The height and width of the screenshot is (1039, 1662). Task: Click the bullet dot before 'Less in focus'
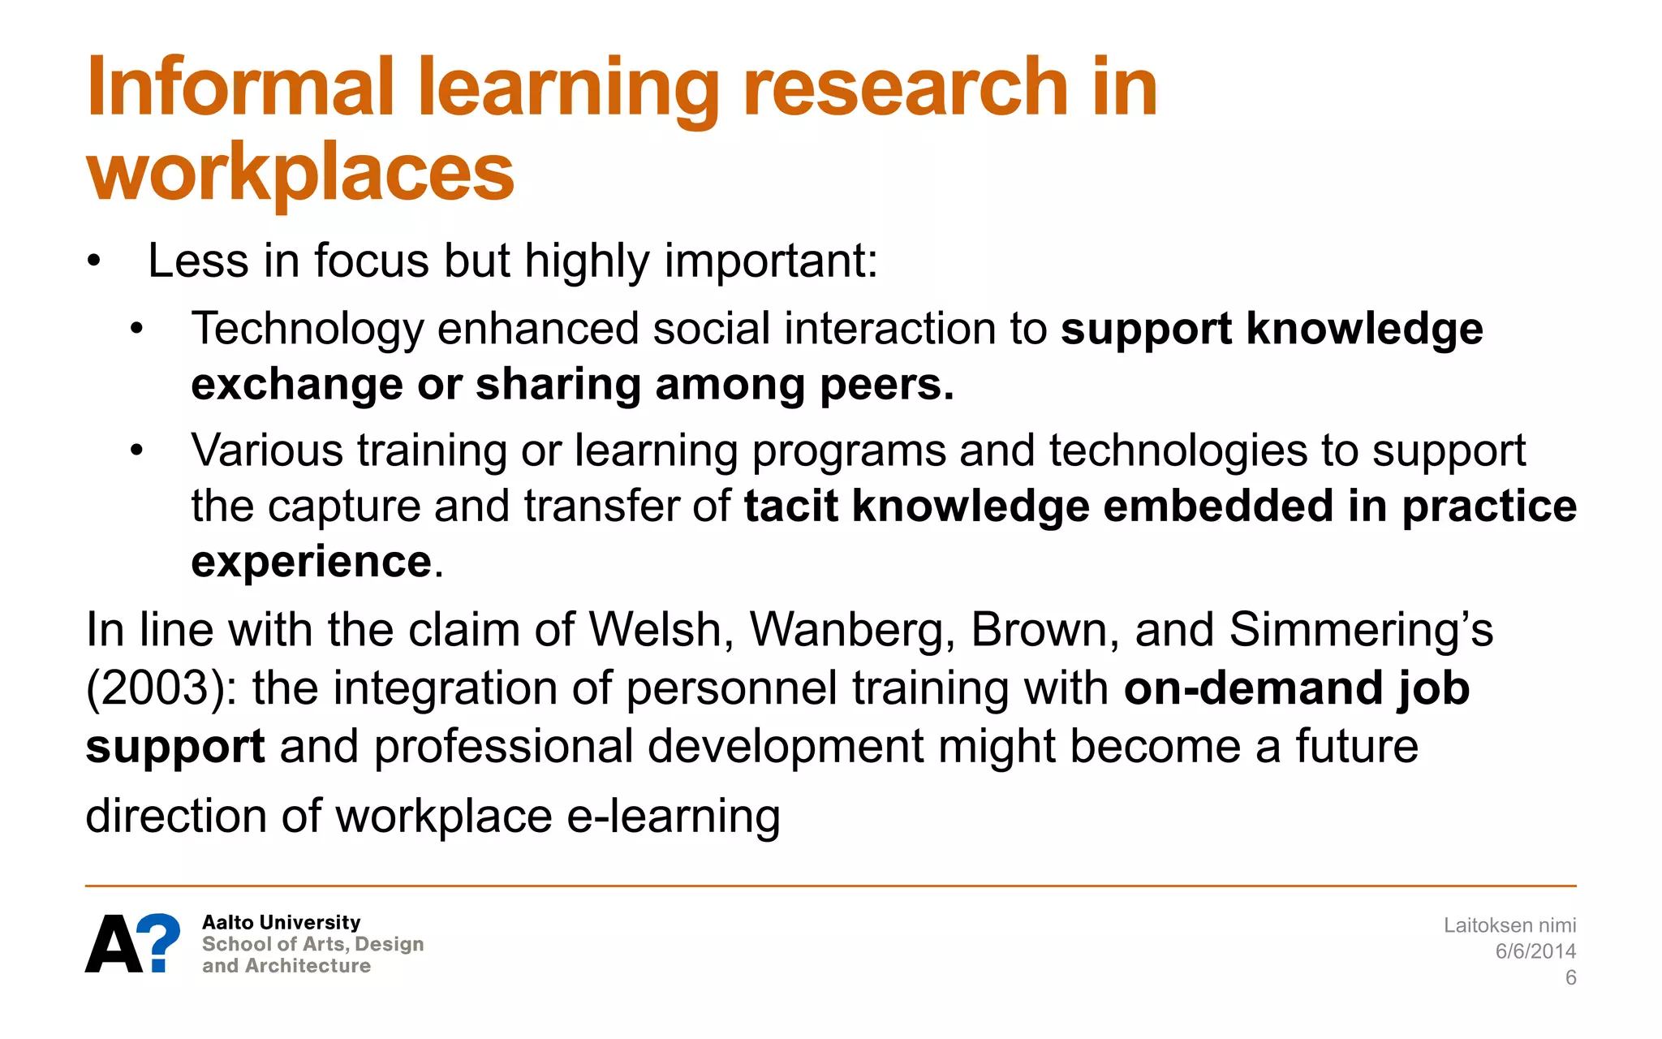95,261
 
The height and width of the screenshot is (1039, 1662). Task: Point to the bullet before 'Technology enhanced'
136,330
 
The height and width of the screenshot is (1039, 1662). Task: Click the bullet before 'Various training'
136,451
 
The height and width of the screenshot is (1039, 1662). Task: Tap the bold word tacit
790,506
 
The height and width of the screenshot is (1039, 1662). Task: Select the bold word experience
311,561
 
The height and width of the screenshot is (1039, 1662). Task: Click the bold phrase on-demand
1252,688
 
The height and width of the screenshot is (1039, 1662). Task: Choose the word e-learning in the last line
674,816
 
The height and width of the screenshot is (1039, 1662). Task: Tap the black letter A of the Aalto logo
114,943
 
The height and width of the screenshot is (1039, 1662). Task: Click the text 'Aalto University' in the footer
281,922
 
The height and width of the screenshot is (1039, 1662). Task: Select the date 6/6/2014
1535,951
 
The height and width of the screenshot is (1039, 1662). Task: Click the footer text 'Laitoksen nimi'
1509,925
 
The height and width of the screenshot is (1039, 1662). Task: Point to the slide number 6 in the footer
1570,977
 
